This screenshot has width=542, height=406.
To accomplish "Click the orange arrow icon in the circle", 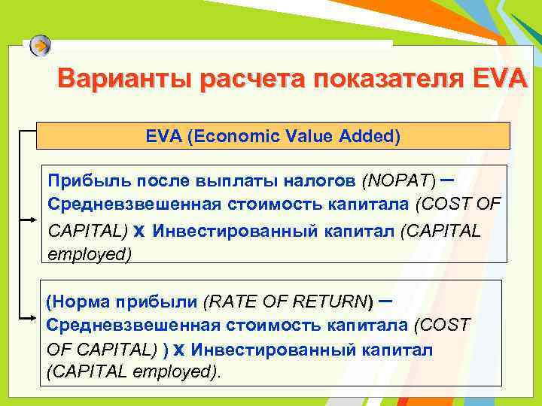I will pos(41,46).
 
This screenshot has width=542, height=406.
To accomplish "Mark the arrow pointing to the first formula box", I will pos(28,220).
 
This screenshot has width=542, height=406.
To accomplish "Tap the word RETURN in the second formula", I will pos(328,302).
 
